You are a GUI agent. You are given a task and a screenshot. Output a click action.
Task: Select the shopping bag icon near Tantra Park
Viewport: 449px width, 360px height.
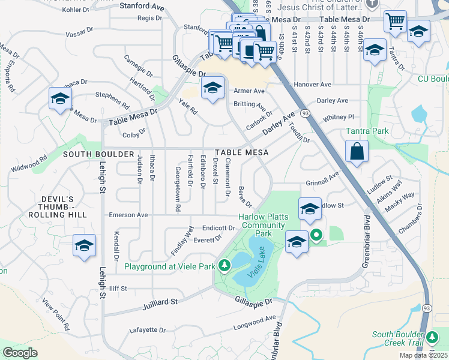pos(357,152)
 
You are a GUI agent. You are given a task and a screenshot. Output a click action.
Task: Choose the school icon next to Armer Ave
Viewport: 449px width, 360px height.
pos(212,90)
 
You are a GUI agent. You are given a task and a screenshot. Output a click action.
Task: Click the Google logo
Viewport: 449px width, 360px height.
pos(20,353)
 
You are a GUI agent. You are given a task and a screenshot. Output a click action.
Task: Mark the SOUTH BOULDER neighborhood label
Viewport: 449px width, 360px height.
pos(98,154)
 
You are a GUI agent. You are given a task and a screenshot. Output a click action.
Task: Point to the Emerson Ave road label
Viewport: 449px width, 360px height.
pos(128,214)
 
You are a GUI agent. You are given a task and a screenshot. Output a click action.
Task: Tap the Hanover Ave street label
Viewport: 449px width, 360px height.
pos(312,85)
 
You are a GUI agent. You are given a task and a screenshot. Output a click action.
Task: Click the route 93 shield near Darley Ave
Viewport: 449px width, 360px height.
pos(306,113)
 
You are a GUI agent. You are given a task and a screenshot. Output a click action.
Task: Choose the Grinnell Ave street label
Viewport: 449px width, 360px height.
pos(323,179)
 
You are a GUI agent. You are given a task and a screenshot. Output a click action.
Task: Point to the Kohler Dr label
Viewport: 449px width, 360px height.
pos(75,10)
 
